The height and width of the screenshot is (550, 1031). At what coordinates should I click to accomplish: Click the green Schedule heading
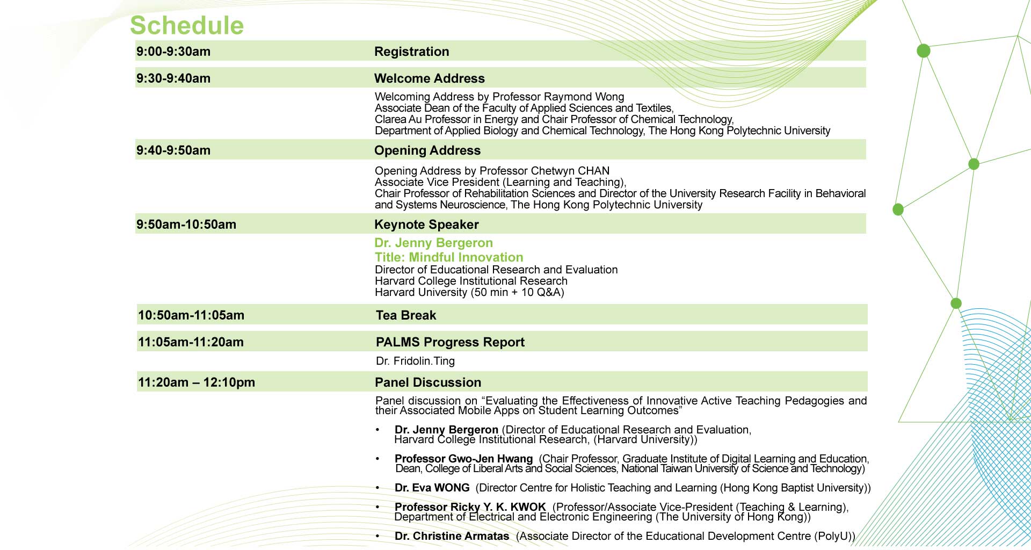[x=187, y=25]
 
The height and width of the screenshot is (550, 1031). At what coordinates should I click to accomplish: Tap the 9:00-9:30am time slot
[x=173, y=52]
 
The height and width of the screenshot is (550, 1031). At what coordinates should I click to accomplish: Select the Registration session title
[x=411, y=52]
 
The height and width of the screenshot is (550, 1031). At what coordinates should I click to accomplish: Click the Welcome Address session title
[x=429, y=78]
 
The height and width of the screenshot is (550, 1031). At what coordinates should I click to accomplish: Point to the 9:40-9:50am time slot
[x=173, y=150]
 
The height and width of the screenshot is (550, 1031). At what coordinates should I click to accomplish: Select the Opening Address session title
[x=427, y=150]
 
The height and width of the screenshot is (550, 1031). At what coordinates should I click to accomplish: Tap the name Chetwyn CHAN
[x=578, y=171]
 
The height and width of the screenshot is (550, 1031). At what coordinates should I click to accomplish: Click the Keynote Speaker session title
[x=426, y=225]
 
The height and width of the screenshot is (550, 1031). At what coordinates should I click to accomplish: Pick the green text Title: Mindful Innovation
[x=448, y=257]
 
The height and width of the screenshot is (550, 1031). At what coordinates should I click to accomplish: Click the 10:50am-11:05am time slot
[x=191, y=315]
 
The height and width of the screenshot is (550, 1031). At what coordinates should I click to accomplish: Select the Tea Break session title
[x=405, y=315]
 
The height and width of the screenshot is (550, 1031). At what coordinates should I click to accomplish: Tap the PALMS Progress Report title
[x=450, y=342]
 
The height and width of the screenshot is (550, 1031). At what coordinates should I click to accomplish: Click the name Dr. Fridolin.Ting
[x=415, y=361]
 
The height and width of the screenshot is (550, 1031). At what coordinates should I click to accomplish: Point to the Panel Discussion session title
[x=427, y=382]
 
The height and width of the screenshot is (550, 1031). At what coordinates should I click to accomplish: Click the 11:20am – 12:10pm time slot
[x=196, y=382]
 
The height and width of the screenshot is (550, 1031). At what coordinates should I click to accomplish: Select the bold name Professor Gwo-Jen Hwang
[x=463, y=459]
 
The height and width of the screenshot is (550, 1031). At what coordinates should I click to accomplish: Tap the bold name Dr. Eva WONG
[x=432, y=488]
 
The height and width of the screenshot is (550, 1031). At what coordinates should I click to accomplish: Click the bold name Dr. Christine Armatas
[x=452, y=536]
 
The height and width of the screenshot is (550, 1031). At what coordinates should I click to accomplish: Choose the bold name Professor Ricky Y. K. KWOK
[x=470, y=507]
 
